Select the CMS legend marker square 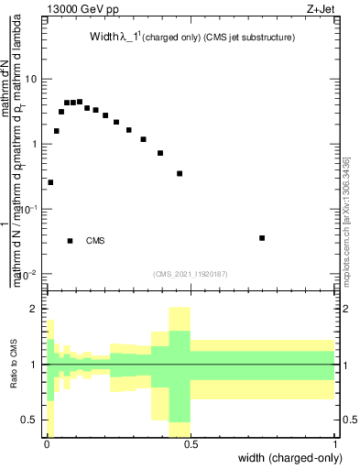[71, 241]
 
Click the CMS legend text [95, 241]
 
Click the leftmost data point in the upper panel [50, 182]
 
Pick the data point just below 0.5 [180, 173]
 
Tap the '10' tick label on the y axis [30, 79]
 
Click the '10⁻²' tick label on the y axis [27, 275]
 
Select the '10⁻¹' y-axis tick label [27, 210]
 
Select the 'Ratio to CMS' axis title [14, 365]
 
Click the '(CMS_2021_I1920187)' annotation [191, 273]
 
